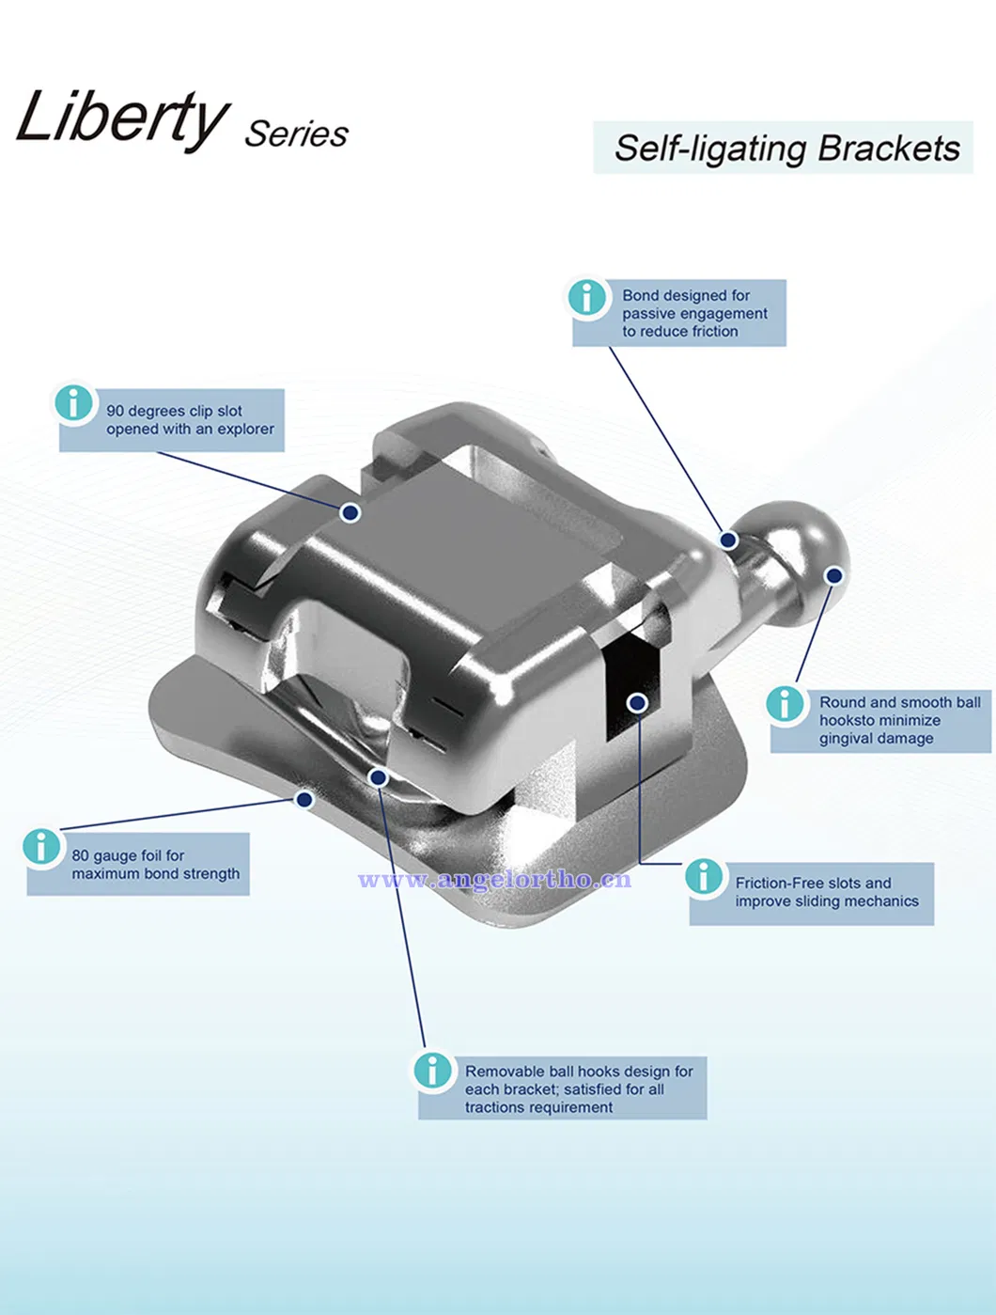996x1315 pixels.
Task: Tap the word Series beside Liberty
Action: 296,134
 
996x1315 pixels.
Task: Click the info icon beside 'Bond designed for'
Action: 587,297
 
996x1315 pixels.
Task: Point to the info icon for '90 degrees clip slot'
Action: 73,403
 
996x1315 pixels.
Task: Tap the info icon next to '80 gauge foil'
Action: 41,846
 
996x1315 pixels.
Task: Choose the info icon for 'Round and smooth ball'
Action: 785,703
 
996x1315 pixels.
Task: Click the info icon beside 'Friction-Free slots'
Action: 704,876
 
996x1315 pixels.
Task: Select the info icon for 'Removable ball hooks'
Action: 432,1070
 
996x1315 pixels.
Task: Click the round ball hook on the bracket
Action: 803,542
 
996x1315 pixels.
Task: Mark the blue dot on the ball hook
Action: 833,574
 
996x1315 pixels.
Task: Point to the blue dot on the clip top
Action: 350,512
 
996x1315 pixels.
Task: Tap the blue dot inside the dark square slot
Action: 637,702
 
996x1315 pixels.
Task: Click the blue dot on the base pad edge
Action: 303,799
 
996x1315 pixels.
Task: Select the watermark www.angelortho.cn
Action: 494,880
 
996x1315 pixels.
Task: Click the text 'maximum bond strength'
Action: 156,874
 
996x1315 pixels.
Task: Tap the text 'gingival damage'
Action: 876,739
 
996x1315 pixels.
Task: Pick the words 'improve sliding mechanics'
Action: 827,901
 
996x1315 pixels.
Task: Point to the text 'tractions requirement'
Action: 538,1108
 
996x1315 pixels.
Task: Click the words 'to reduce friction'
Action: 679,332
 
